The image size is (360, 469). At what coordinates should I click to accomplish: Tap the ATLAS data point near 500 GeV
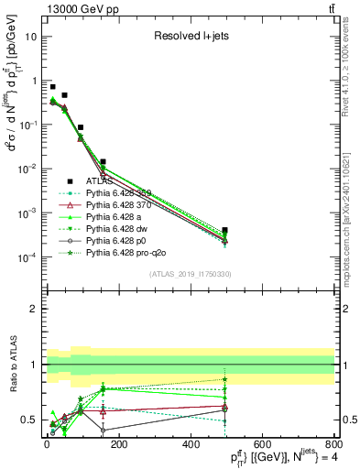[225, 230]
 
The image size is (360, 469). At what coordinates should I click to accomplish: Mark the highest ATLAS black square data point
[53, 87]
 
